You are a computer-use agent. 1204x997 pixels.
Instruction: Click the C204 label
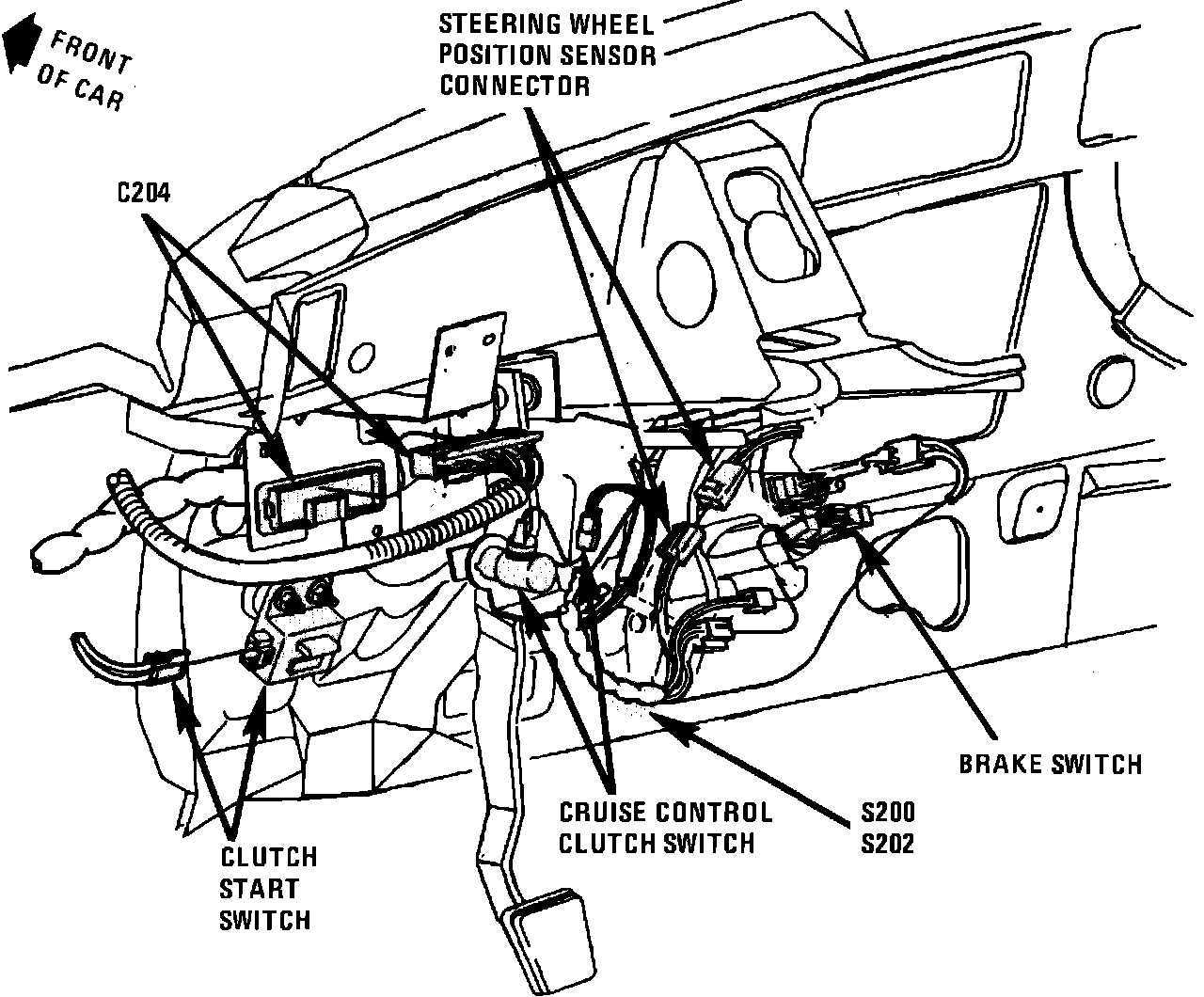click(144, 193)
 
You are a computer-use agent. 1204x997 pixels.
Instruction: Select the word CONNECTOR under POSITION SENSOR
click(515, 86)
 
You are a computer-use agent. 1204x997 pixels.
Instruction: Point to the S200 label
click(888, 812)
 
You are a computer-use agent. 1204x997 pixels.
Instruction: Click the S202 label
click(888, 844)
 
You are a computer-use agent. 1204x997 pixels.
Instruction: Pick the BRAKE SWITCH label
click(1051, 764)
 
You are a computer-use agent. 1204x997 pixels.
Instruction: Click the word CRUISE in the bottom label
click(603, 812)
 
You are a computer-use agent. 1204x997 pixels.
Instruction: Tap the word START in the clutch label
click(259, 889)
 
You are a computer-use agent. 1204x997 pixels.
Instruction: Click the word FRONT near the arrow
click(91, 53)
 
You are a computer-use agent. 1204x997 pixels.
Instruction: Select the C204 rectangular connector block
click(321, 498)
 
